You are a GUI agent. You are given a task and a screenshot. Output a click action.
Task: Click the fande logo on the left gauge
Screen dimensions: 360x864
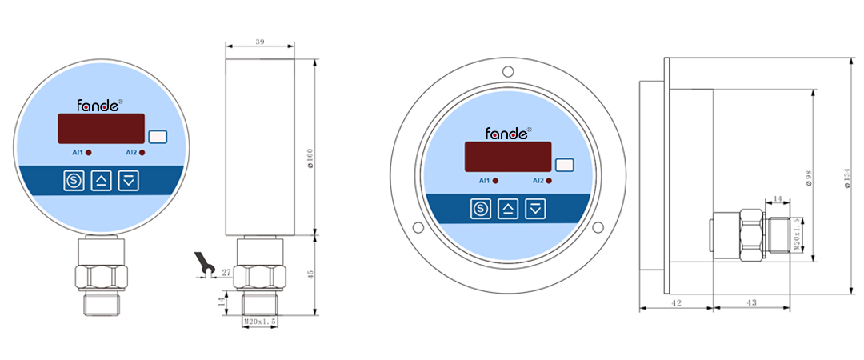tap(98, 105)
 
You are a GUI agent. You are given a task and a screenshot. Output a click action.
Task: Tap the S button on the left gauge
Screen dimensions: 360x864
tap(74, 180)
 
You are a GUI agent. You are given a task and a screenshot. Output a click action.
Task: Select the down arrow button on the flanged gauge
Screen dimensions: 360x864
tap(536, 210)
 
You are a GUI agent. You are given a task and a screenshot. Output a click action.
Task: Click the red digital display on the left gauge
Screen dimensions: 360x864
tap(101, 128)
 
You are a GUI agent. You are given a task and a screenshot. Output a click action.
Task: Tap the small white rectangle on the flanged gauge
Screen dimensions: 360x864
tap(565, 166)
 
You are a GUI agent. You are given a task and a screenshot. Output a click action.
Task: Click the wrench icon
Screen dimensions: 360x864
tap(202, 265)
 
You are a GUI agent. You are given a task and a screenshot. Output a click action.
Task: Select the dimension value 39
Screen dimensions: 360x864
tap(259, 41)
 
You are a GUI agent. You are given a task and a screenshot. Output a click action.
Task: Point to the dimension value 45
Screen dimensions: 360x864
tap(310, 274)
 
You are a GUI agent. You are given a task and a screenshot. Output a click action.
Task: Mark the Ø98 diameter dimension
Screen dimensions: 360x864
tap(810, 178)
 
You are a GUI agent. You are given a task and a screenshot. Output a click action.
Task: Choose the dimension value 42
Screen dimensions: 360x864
tap(674, 303)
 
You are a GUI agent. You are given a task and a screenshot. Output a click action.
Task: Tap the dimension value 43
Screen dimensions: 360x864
tap(752, 303)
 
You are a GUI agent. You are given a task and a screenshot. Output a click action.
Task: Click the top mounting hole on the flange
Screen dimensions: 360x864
tap(508, 73)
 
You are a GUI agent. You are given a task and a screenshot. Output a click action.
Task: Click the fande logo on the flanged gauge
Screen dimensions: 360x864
tap(506, 133)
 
